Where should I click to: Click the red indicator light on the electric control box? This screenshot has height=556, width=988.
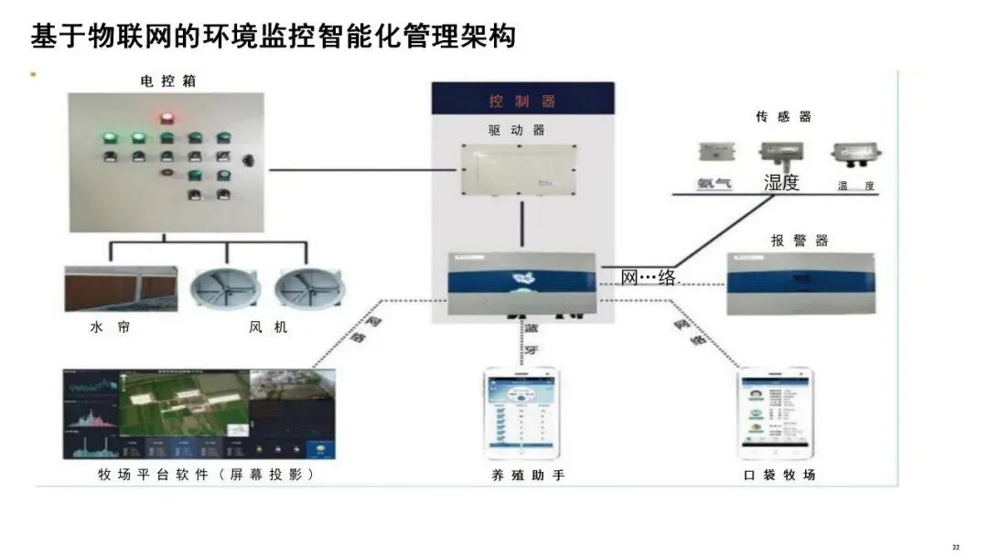(x=166, y=118)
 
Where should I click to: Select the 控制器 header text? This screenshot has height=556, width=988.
(x=522, y=102)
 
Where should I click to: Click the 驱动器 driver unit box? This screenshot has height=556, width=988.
(x=522, y=170)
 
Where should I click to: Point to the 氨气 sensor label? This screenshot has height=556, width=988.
(x=714, y=184)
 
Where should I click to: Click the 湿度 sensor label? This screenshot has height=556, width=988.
(x=781, y=183)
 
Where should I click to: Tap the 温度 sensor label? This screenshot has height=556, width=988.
(x=856, y=186)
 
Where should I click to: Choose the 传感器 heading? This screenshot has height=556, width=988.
(x=784, y=117)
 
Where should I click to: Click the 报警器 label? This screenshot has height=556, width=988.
(x=800, y=241)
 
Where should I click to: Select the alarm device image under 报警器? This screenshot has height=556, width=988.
(x=801, y=283)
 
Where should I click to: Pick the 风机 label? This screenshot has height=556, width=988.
(x=268, y=326)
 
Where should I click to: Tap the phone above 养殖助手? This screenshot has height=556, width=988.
(x=521, y=414)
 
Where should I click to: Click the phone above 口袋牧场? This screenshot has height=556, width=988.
(x=776, y=413)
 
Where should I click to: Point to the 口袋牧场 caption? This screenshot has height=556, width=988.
(x=779, y=475)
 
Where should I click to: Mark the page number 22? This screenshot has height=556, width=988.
(x=956, y=547)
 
